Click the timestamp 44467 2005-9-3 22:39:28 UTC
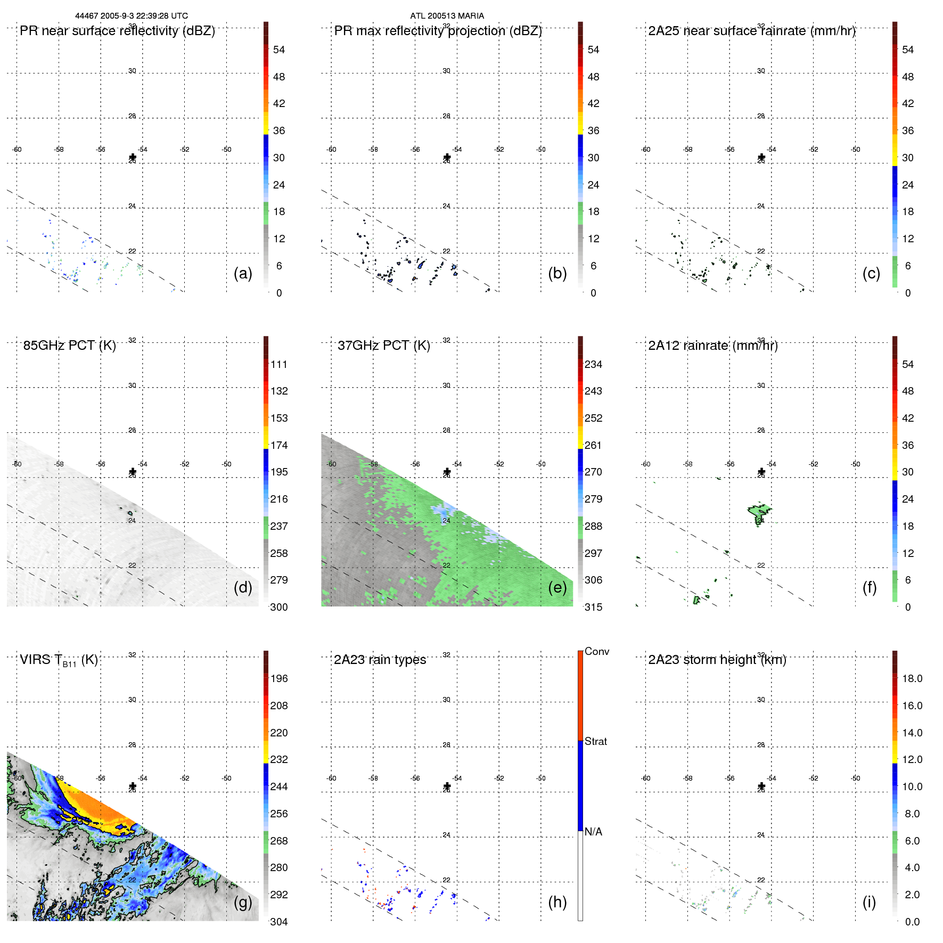coord(132,16)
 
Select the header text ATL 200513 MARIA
coord(447,16)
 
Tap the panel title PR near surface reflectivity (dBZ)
coord(117,31)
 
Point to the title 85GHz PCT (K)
coord(69,346)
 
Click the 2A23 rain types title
coord(380,660)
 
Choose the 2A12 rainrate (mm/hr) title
coord(713,346)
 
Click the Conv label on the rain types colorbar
coord(597,651)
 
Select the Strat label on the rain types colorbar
coord(596,741)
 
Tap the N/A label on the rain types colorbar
coord(594,832)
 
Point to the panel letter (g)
coord(243,902)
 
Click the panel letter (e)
coord(557,587)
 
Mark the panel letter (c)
coord(871,273)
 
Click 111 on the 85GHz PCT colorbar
coord(279,364)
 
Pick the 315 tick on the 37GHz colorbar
coord(593,607)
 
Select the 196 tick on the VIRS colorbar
coord(279,678)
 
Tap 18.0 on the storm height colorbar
coord(912,678)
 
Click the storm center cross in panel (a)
coord(133,157)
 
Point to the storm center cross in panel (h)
coord(447,786)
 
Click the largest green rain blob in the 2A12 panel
coord(759,512)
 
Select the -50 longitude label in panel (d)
coord(227,464)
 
